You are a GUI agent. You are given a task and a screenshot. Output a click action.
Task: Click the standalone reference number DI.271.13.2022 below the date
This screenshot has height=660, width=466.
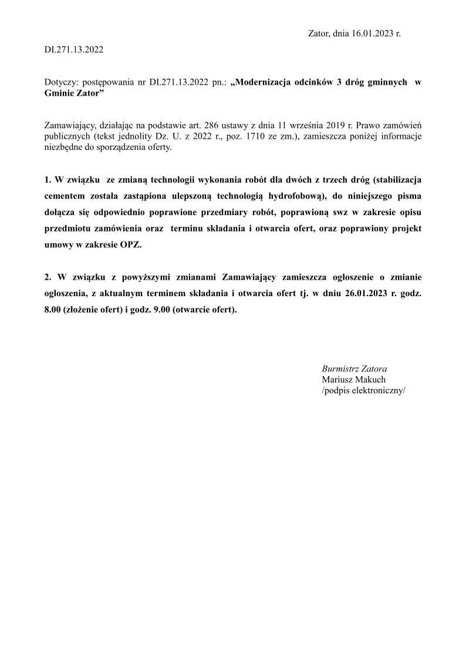[x=74, y=50]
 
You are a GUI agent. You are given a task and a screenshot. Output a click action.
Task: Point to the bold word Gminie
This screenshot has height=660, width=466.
[x=59, y=94]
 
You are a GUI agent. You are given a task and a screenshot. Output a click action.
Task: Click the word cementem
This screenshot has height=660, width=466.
[x=63, y=195]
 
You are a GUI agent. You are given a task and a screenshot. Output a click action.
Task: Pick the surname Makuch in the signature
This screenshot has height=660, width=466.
[x=369, y=380]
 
